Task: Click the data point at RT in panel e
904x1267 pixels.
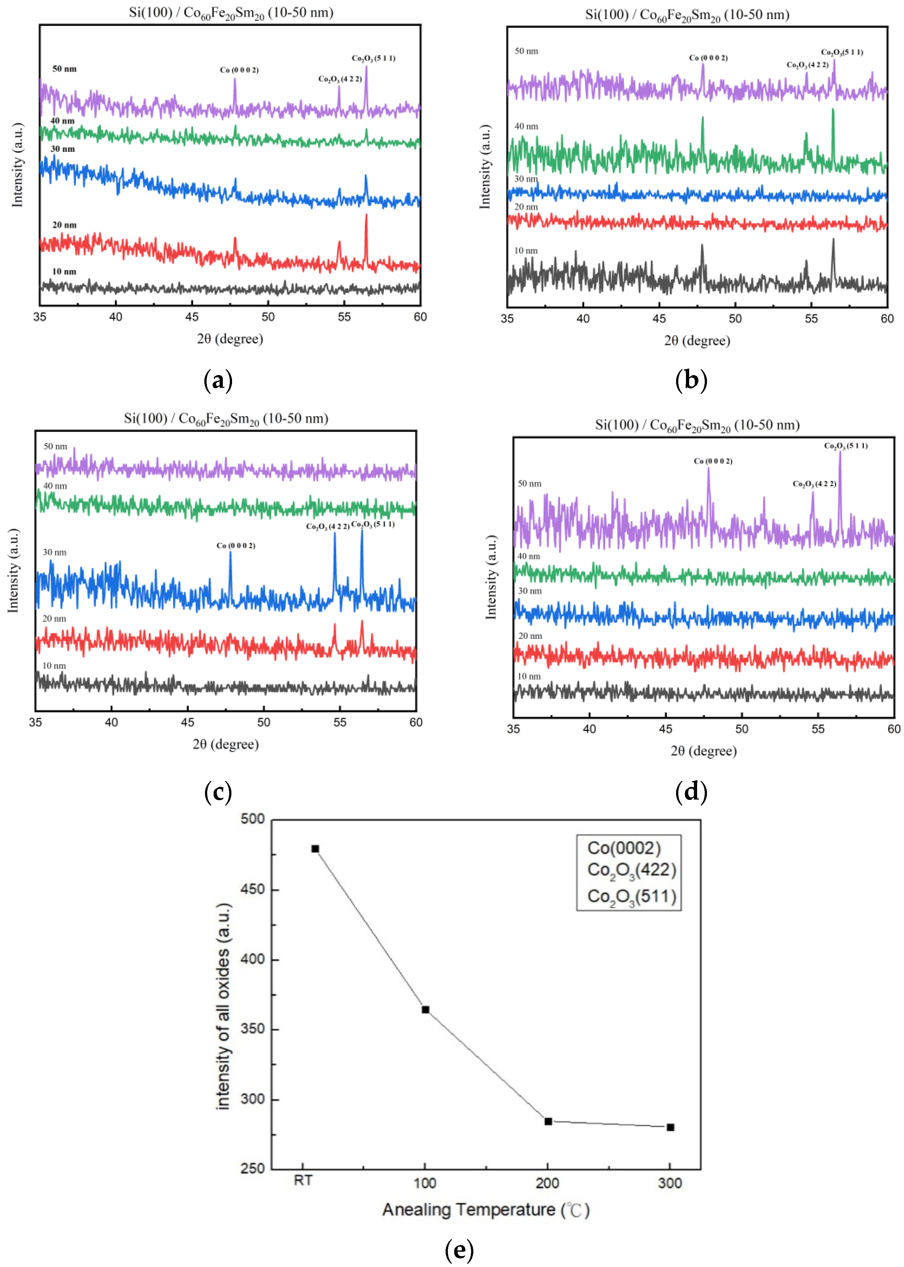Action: coord(315,849)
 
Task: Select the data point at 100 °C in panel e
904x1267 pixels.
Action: coord(425,1010)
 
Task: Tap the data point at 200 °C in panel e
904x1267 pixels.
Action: coord(548,1121)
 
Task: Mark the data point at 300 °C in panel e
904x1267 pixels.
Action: coord(670,1127)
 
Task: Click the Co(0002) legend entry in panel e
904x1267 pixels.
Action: coord(624,848)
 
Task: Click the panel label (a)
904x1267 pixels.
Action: coord(218,381)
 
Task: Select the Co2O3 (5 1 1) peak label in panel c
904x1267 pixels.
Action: coord(373,524)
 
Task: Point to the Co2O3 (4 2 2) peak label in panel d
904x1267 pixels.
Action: coord(814,484)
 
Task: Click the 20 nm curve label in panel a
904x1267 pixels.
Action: coord(64,225)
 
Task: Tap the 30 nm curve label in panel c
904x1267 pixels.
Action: coord(54,552)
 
